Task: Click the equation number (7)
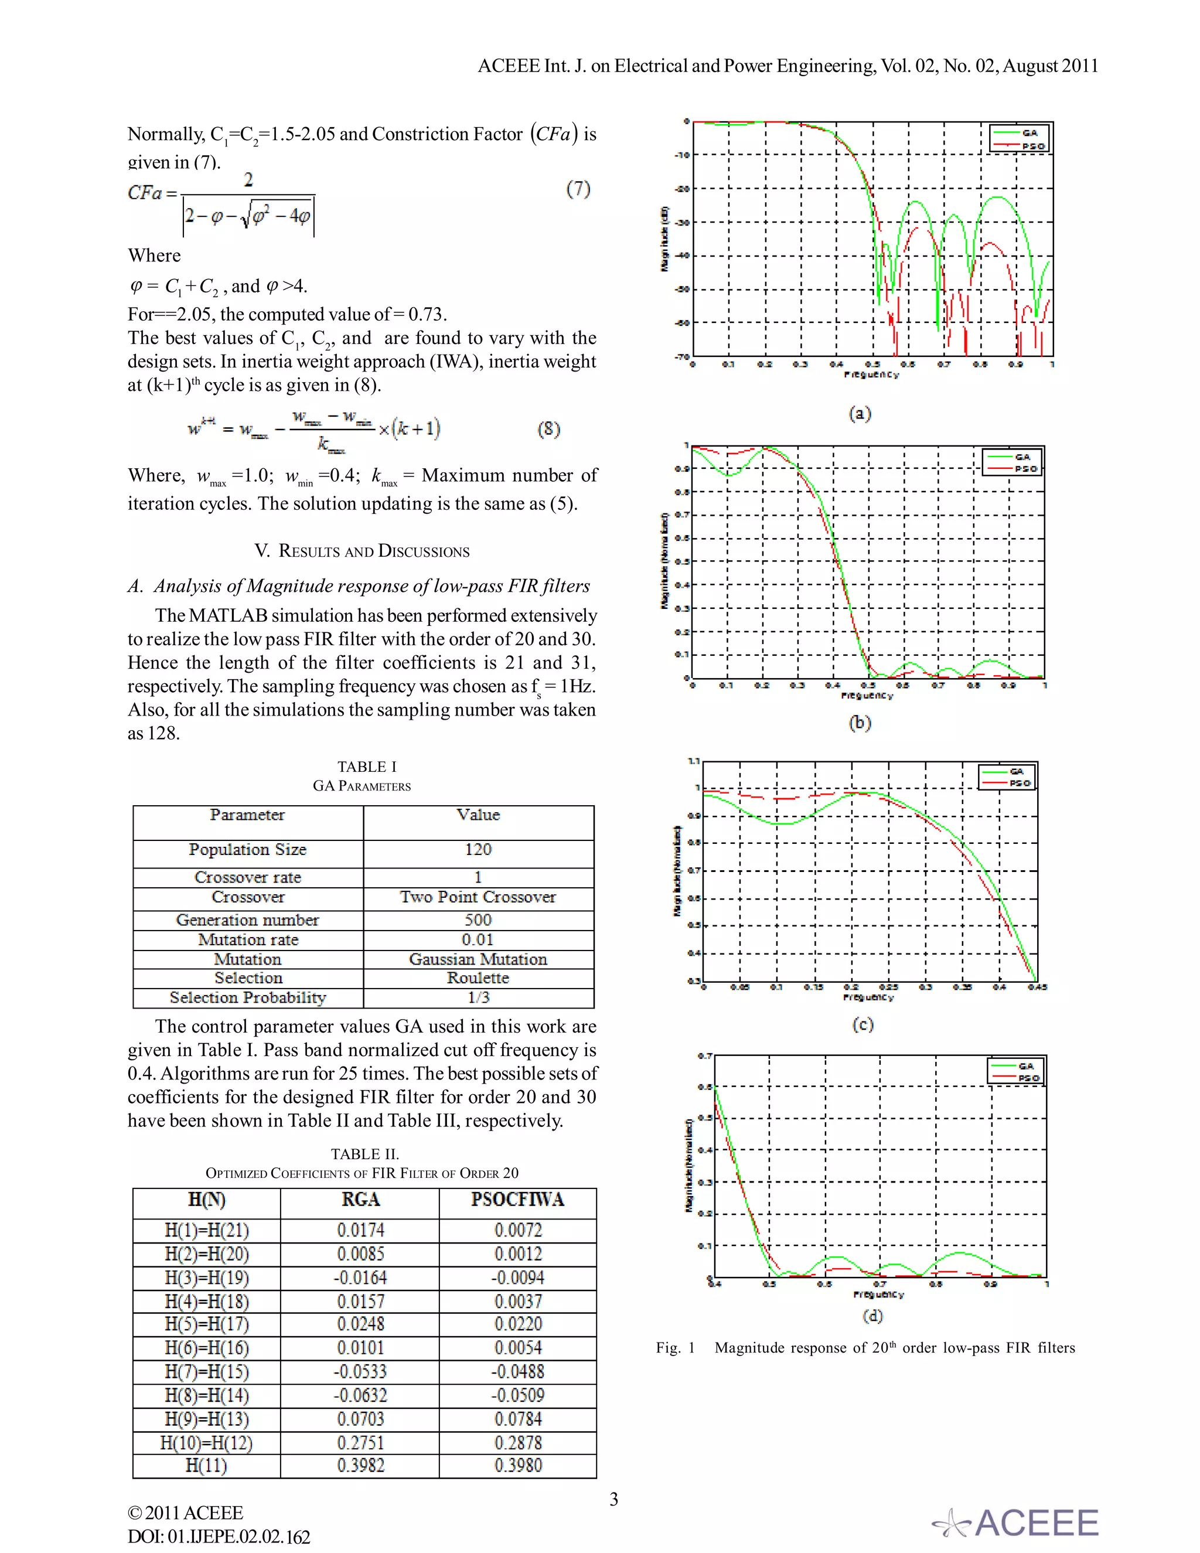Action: pos(578,189)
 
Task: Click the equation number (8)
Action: pos(548,429)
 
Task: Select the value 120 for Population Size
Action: pos(478,850)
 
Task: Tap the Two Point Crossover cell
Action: pos(478,897)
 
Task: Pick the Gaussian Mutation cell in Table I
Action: pos(478,959)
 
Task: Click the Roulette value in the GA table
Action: pos(478,979)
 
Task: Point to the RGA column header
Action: pos(360,1200)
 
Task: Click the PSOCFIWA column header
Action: pos(517,1200)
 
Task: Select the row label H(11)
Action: pos(206,1466)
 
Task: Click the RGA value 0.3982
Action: pos(360,1466)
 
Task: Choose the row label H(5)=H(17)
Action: pos(206,1324)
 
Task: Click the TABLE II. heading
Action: pos(364,1154)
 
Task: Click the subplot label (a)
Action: pos(860,413)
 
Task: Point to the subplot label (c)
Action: pos(862,1024)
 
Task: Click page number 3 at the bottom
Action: pos(613,1499)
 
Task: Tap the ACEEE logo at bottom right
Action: pos(1017,1523)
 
